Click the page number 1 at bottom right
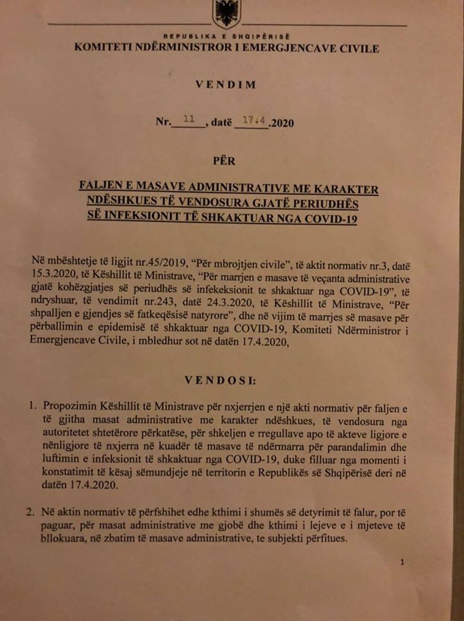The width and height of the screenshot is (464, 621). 402,562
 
